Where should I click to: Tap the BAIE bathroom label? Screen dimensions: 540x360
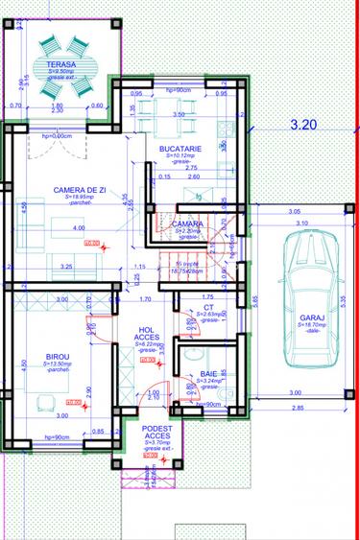(x=209, y=375)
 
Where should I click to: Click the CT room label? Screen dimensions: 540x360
(x=208, y=307)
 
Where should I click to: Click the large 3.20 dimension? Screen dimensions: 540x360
(x=302, y=124)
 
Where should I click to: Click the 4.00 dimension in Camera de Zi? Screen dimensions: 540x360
(x=79, y=227)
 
